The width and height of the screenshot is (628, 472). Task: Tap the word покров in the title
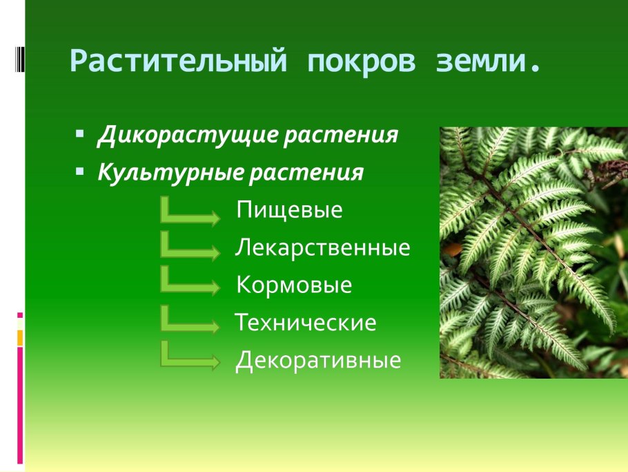[x=362, y=63]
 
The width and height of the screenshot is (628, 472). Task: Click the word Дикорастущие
[x=187, y=135]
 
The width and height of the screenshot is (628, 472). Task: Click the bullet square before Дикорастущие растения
[x=80, y=132]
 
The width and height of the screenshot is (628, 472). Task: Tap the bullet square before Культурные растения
[x=80, y=169]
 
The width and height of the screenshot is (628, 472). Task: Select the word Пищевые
[x=289, y=210]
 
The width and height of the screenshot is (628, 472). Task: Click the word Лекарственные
[x=322, y=247]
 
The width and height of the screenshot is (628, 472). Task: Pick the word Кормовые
[x=294, y=285]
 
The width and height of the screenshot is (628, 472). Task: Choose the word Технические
[x=306, y=323]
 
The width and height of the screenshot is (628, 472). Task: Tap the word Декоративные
[x=318, y=361]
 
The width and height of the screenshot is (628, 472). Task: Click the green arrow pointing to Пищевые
[x=190, y=213]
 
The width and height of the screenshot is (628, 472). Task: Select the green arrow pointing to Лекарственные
[x=190, y=249]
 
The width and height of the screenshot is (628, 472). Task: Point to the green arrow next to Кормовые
[x=190, y=285]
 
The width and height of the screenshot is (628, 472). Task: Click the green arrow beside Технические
[x=190, y=322]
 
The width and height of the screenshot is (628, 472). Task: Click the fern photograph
[x=533, y=252]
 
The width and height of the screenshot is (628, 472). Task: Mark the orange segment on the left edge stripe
[x=20, y=337]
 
